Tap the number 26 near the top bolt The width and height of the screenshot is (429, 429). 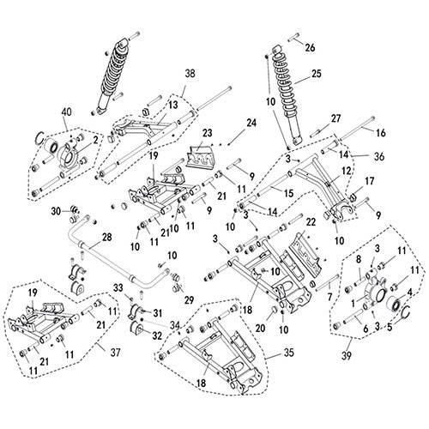click(x=311, y=46)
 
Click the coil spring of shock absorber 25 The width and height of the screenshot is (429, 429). click(x=284, y=86)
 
